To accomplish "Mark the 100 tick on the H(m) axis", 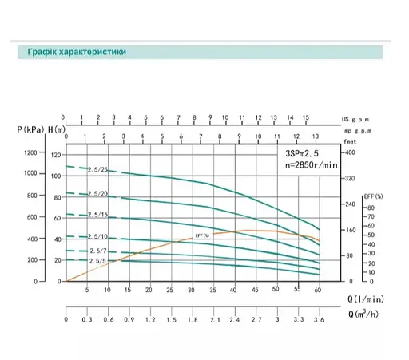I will [55, 174].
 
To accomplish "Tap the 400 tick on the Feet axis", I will [349, 152].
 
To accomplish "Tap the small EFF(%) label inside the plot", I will [201, 235].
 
